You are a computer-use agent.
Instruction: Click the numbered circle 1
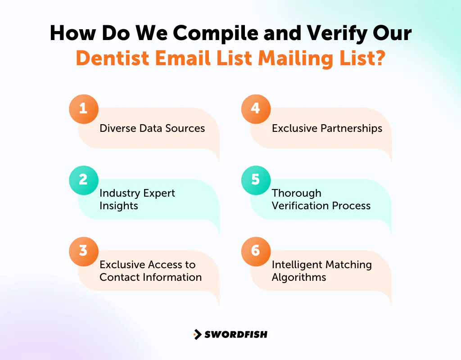pyautogui.click(x=83, y=109)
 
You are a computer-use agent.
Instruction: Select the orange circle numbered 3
pyautogui.click(x=83, y=251)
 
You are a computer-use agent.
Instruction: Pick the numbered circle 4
pyautogui.click(x=256, y=109)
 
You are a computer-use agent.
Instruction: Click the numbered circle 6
pyautogui.click(x=256, y=251)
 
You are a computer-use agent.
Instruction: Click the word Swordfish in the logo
pyautogui.click(x=236, y=334)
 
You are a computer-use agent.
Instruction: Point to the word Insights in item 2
pyautogui.click(x=119, y=206)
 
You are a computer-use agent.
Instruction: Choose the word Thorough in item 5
pyautogui.click(x=297, y=193)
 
